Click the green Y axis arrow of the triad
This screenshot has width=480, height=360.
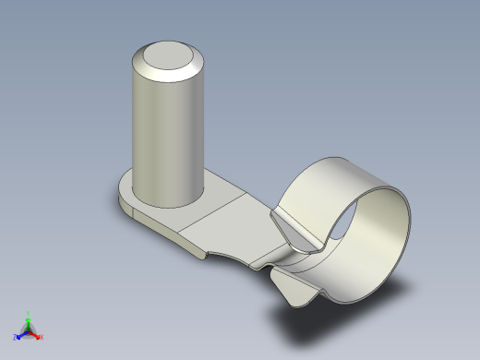[x=28, y=320]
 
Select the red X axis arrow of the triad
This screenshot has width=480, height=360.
[x=36, y=334]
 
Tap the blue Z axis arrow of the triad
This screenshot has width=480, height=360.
[x=20, y=334]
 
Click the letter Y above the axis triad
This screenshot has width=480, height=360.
[x=28, y=313]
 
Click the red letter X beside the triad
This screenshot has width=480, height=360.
[x=42, y=337]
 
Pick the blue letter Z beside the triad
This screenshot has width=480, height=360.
[x=15, y=337]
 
